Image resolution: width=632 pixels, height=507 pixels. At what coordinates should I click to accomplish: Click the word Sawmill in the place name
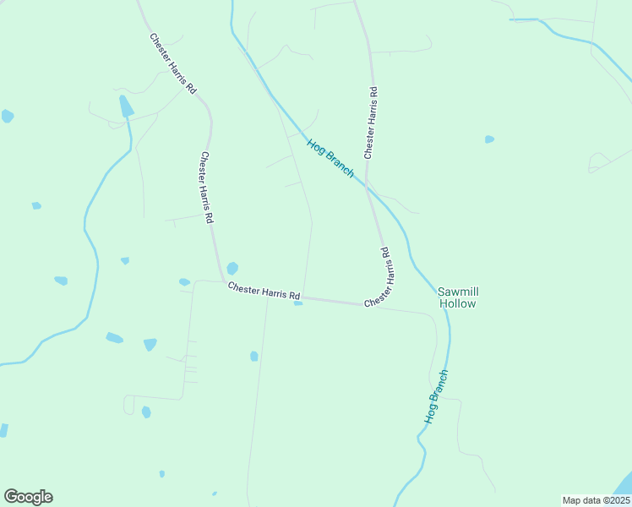(x=458, y=292)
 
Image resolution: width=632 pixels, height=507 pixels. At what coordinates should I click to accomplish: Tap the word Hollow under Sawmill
(x=458, y=304)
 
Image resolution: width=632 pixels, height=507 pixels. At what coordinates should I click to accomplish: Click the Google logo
(x=28, y=497)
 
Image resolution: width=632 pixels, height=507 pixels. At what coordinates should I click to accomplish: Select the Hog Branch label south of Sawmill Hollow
(x=435, y=396)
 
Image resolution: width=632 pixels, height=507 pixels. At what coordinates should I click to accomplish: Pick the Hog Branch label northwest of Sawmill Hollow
(x=330, y=158)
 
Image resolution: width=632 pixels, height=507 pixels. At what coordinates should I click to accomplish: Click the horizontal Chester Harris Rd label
(x=264, y=291)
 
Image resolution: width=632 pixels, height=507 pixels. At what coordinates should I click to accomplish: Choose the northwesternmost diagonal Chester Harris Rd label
(x=173, y=63)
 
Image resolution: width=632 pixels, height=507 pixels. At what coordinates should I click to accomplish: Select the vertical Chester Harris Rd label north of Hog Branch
(x=370, y=121)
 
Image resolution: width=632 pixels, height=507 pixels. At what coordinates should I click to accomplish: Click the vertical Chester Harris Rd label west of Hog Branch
(x=206, y=187)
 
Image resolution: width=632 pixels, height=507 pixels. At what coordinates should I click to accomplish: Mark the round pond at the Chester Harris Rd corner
(x=232, y=268)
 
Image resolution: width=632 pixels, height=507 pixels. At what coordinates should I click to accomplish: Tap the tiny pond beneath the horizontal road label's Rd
(x=297, y=303)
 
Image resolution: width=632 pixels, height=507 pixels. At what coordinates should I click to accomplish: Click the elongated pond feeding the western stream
(x=126, y=106)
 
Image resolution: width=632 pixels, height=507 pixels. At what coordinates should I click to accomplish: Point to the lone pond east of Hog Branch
(x=489, y=139)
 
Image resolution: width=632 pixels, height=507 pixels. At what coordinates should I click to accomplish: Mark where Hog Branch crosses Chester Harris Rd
(x=366, y=181)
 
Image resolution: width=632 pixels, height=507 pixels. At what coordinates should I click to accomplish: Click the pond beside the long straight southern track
(x=253, y=357)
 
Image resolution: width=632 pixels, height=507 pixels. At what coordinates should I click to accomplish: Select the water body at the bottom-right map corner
(x=624, y=484)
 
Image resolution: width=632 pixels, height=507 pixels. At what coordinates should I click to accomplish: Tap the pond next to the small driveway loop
(x=146, y=412)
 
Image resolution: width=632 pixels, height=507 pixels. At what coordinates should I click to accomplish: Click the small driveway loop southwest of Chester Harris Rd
(x=128, y=406)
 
